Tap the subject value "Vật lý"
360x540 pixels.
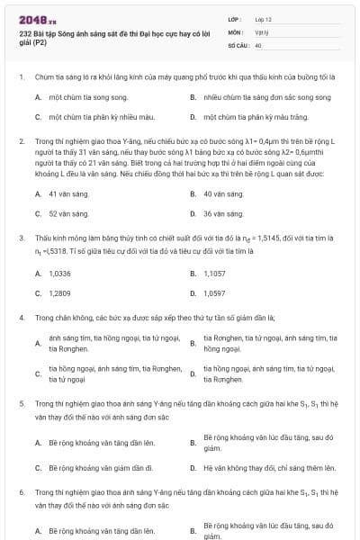point(260,31)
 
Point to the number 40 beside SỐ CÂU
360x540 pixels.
point(258,44)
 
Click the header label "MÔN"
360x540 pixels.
point(235,31)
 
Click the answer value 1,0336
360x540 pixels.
point(59,273)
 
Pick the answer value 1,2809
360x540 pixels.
point(59,293)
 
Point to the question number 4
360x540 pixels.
point(22,318)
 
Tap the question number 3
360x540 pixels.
point(22,238)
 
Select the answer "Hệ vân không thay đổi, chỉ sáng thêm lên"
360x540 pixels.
point(269,468)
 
